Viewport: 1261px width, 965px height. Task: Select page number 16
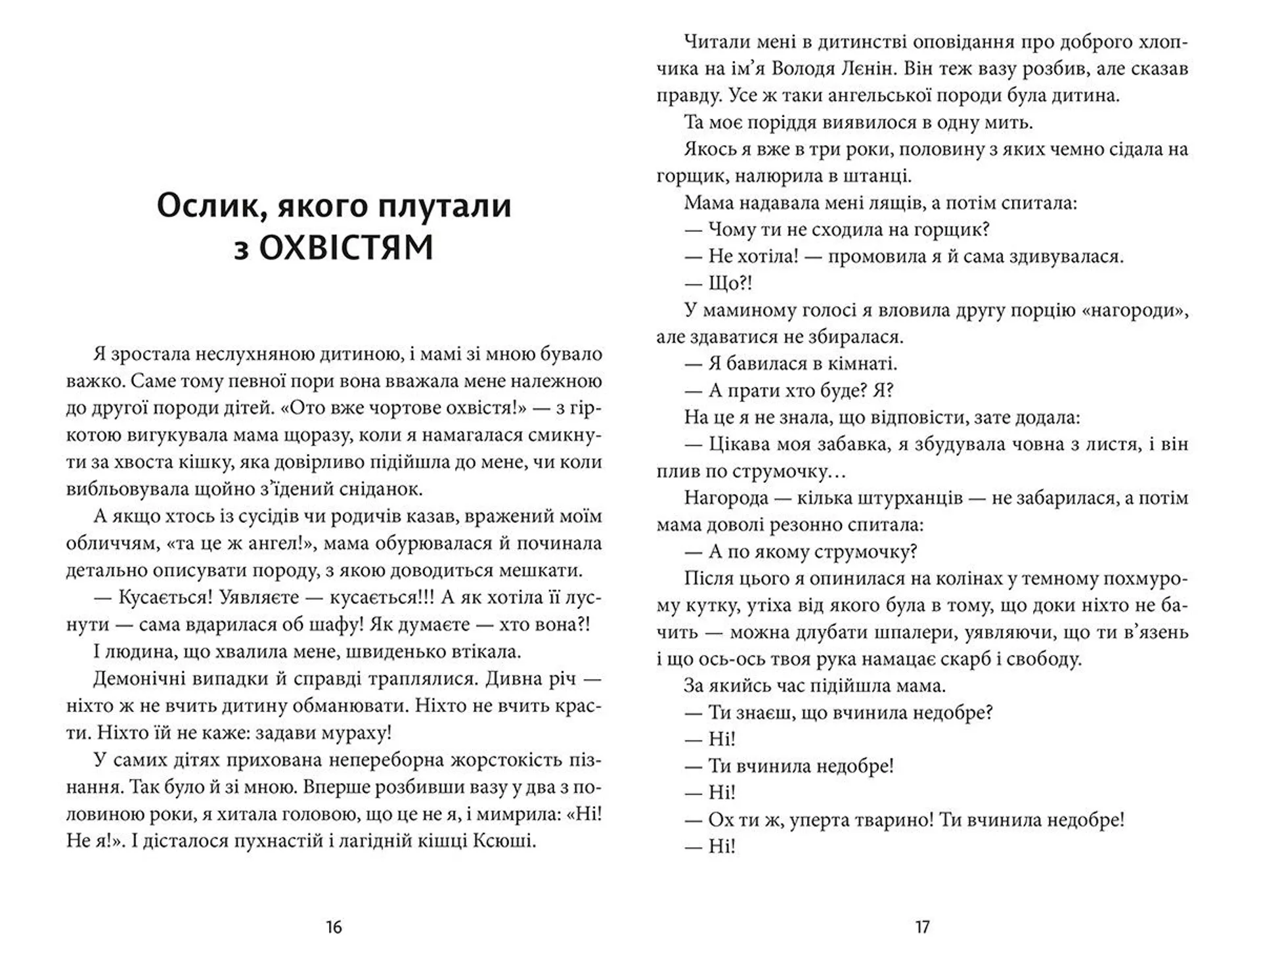click(334, 927)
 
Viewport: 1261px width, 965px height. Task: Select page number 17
click(922, 927)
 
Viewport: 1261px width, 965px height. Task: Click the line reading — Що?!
click(719, 284)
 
